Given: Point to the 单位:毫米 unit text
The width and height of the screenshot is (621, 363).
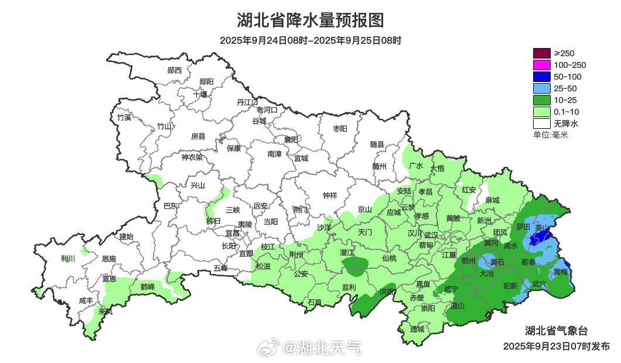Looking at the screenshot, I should point(551,135).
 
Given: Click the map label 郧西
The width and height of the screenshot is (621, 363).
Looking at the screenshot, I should point(175,70).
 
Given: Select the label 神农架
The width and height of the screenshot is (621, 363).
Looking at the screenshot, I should point(192,157).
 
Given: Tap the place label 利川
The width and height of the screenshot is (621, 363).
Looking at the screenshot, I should point(68,258).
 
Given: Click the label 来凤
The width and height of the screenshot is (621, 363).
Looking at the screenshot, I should point(105,311).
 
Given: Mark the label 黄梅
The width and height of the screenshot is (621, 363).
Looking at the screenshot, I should point(560,272).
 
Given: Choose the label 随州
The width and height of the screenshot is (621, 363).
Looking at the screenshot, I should point(379,166).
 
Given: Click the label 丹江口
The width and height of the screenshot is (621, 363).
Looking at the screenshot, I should point(247,102).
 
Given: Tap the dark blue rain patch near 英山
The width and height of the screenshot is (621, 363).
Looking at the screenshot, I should point(540,237).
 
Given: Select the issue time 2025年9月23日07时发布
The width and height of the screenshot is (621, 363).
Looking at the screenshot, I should point(556,346).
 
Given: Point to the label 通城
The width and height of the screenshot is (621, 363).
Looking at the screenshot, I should point(417,329).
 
